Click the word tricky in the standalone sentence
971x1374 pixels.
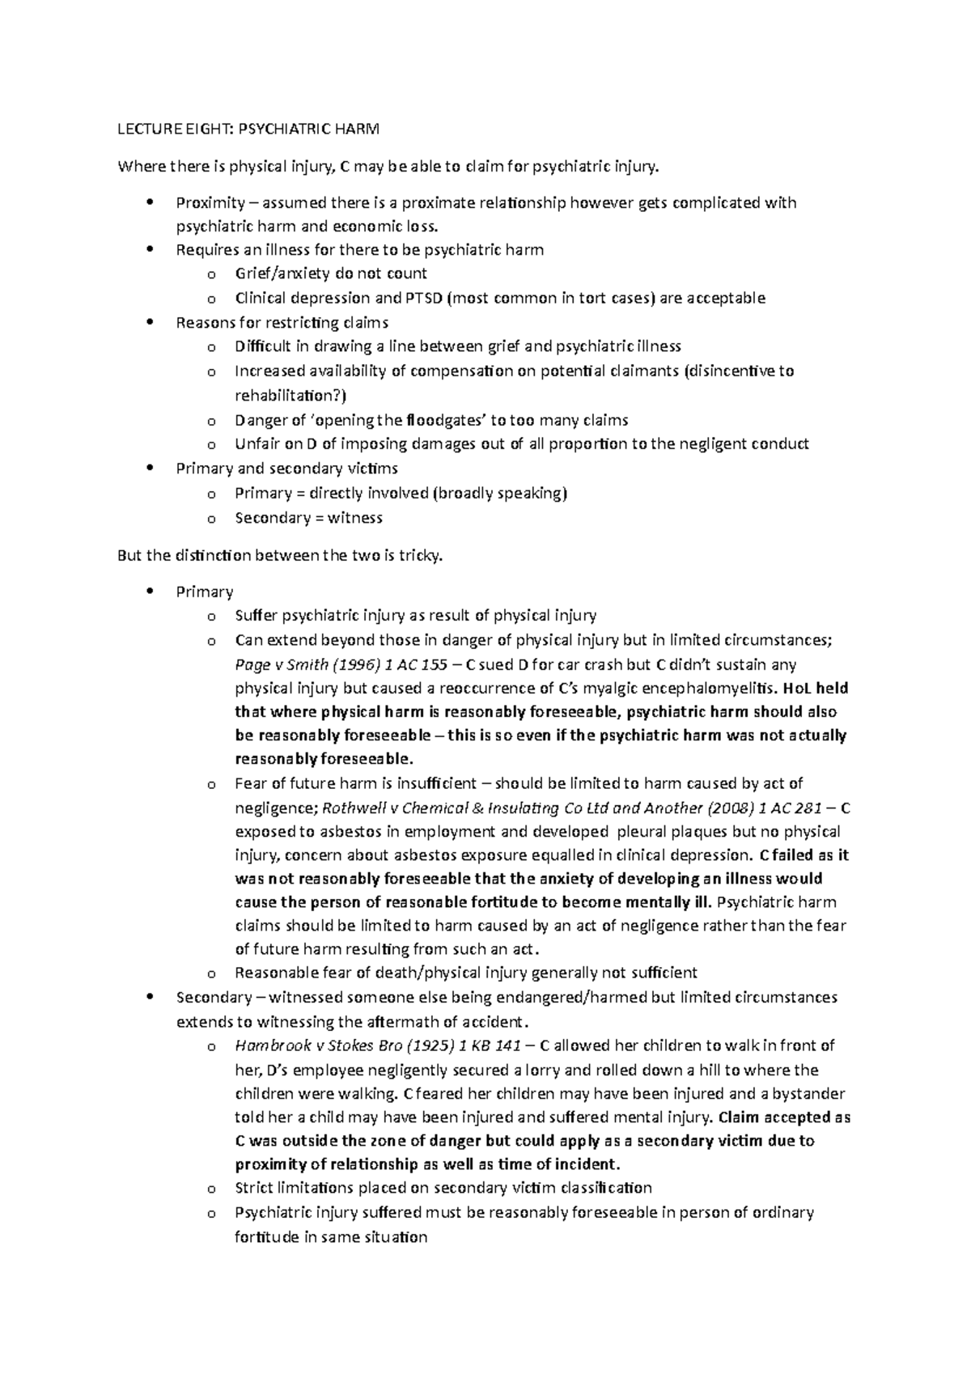click(421, 556)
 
